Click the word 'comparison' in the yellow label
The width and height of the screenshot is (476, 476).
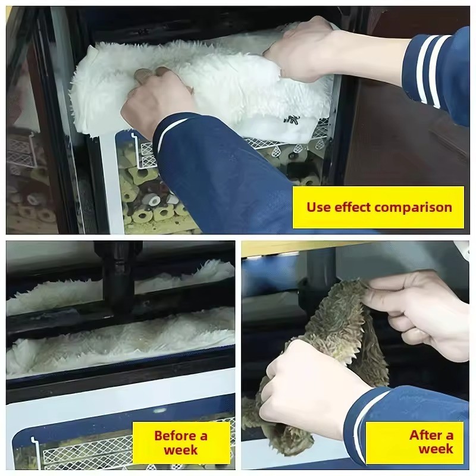[413, 208]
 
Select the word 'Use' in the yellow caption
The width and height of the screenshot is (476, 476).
[319, 207]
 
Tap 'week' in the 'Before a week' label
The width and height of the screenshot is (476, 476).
[181, 450]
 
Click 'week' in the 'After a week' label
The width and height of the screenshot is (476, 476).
[436, 449]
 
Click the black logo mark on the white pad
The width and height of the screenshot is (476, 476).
[287, 118]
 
